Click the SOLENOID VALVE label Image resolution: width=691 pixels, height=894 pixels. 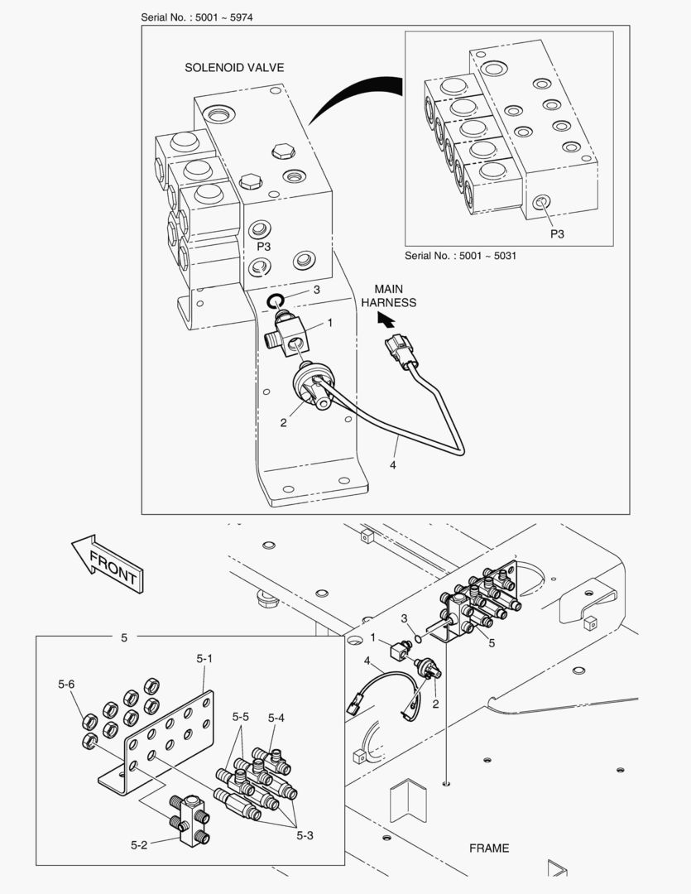tap(233, 68)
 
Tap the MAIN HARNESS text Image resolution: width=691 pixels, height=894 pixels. tap(388, 296)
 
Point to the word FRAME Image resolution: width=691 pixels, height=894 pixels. tap(489, 848)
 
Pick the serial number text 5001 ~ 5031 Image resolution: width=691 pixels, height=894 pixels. tap(460, 256)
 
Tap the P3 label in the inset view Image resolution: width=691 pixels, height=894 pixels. tap(557, 234)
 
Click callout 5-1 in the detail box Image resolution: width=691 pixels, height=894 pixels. tap(204, 659)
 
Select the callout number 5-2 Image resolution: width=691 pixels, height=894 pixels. tap(139, 845)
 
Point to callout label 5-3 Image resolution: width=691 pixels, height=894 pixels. tap(305, 836)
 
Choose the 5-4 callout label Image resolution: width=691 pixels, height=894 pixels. tap(276, 718)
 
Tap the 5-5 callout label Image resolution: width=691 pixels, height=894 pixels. tap(241, 716)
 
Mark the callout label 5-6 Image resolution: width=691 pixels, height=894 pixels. tap(66, 685)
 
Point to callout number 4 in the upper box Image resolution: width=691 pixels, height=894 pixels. tap(392, 466)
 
